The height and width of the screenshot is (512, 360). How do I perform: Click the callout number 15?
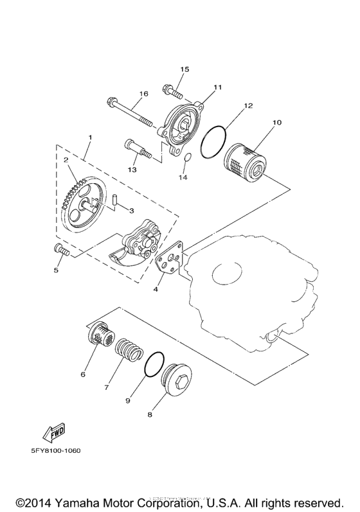tap(184, 69)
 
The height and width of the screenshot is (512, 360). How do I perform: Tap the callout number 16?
tap(143, 94)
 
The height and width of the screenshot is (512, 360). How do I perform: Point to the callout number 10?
tap(277, 121)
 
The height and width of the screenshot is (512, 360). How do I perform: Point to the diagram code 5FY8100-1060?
tap(55, 450)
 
